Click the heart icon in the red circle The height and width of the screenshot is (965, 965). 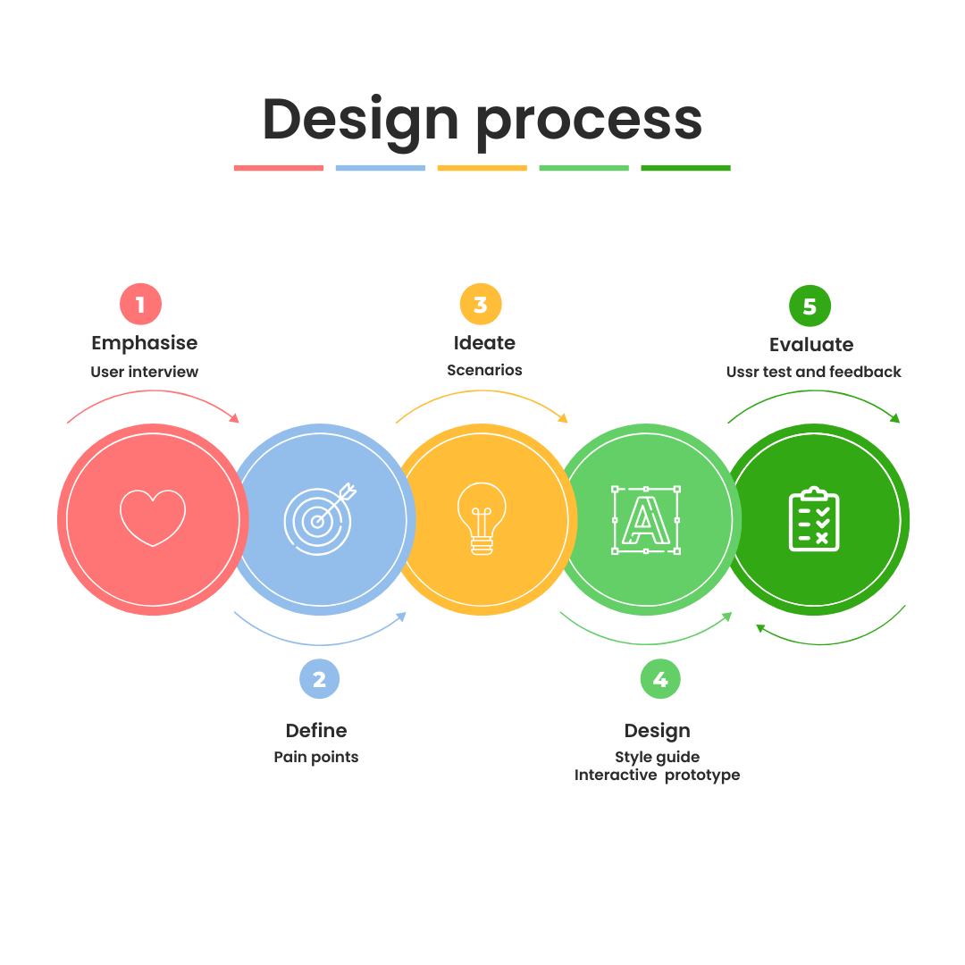153,517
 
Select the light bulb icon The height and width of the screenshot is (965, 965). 482,518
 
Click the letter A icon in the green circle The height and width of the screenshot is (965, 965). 645,519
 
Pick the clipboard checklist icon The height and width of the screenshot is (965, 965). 814,519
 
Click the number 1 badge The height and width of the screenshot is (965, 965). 140,305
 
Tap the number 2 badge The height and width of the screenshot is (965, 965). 319,679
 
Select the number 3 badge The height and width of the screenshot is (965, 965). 481,305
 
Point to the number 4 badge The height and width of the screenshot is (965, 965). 660,679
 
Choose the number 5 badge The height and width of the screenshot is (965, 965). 810,306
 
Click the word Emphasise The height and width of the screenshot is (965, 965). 144,343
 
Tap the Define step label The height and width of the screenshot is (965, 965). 315,731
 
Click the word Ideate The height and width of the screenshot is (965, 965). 484,343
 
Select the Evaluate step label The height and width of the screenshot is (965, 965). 811,345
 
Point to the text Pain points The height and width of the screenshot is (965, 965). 315,758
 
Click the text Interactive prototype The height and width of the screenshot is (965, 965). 657,776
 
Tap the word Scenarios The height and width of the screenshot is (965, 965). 484,370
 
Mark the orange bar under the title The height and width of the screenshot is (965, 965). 482,168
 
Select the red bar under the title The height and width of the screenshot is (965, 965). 279,168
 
